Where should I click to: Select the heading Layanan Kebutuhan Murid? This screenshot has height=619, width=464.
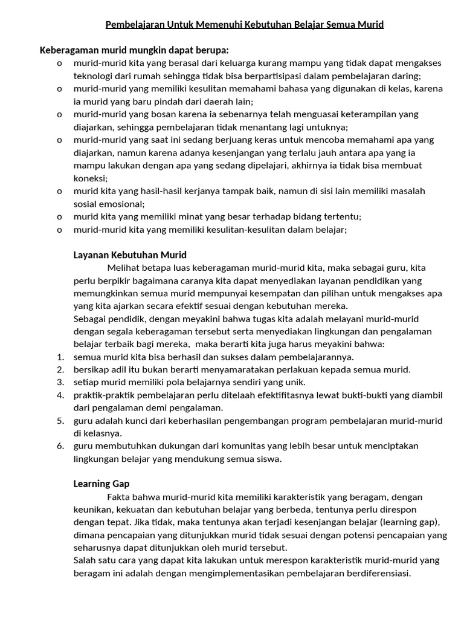[130, 254]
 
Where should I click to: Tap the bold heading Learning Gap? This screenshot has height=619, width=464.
[101, 484]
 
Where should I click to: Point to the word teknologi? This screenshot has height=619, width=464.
[94, 76]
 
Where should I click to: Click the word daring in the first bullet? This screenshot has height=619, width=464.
[405, 76]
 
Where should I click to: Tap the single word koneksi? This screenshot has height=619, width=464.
[90, 178]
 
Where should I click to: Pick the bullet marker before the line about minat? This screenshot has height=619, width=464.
[59, 216]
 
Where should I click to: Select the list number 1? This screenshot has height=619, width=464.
[60, 357]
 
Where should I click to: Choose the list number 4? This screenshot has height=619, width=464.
[60, 395]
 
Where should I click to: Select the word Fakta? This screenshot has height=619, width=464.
[120, 497]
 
